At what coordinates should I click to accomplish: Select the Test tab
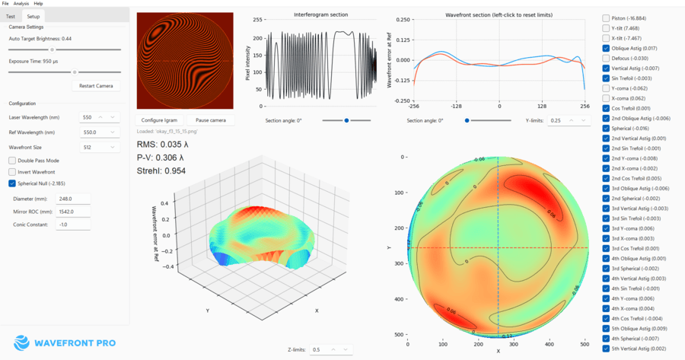(11, 16)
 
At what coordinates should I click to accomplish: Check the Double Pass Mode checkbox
(12, 161)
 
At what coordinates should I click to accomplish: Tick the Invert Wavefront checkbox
(12, 172)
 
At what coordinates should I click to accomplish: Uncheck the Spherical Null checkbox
(12, 183)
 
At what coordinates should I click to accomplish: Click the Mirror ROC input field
(73, 211)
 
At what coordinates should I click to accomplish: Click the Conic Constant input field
(73, 224)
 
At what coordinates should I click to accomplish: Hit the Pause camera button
(211, 120)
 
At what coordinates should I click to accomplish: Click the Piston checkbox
(606, 18)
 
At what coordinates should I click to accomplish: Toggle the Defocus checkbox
(606, 58)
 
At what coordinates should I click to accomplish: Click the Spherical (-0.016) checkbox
(606, 129)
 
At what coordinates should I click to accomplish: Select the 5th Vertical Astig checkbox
(606, 348)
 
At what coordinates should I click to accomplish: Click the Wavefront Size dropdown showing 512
(99, 146)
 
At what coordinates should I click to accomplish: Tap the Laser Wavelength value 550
(91, 117)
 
